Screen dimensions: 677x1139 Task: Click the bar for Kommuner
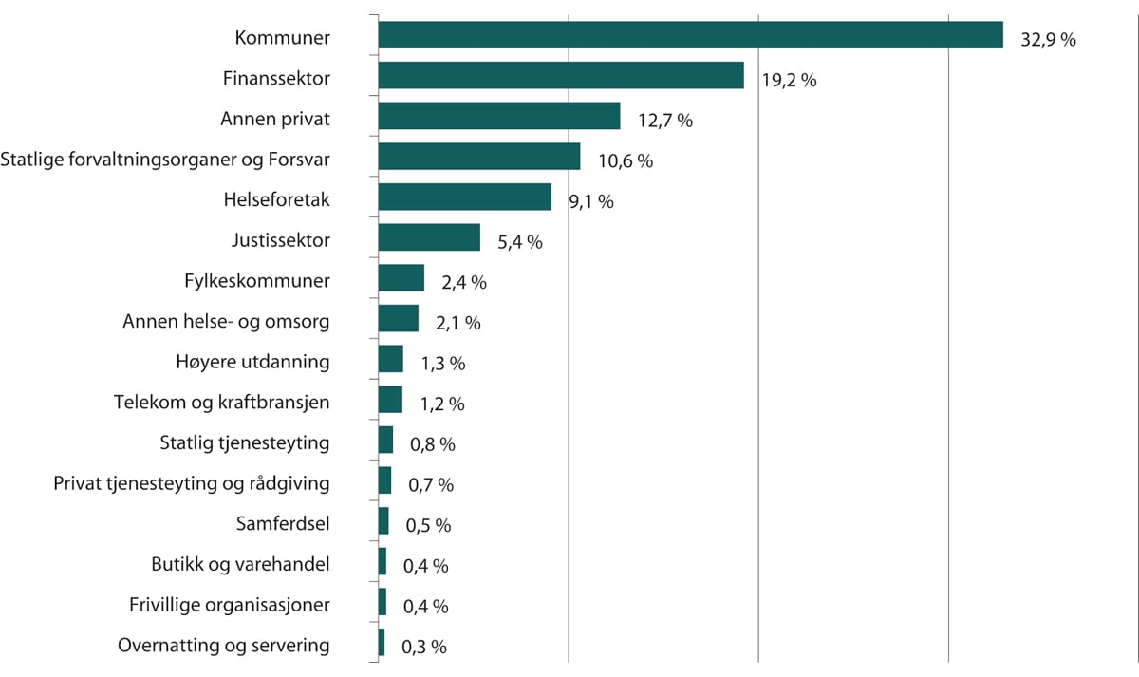click(690, 35)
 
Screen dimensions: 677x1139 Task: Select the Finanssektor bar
click(560, 76)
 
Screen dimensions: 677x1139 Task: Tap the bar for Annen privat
click(498, 117)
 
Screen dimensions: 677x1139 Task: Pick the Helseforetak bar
click(464, 197)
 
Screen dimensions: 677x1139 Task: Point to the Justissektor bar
click(429, 238)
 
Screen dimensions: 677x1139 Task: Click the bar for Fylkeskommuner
click(401, 279)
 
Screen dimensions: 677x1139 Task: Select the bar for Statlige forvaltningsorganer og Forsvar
click(478, 157)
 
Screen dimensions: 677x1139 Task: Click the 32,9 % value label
click(1048, 40)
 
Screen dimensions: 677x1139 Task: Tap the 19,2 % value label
click(789, 81)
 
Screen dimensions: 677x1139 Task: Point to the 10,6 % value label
click(626, 161)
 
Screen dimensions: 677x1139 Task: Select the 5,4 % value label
click(520, 242)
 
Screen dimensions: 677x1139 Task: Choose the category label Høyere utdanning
click(252, 362)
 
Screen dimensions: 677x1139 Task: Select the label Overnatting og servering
click(224, 646)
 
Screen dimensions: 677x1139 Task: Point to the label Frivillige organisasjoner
click(230, 605)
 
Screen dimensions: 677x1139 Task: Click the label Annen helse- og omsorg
click(226, 322)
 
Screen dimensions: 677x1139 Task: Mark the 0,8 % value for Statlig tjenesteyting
click(433, 443)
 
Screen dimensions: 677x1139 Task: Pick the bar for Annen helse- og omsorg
click(398, 319)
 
